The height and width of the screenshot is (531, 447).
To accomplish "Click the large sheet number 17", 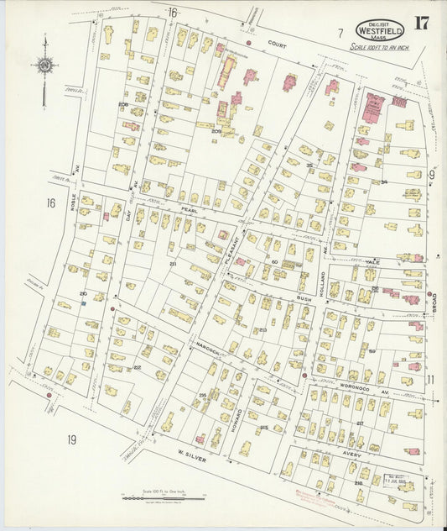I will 420,23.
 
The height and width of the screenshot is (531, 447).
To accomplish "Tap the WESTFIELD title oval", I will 379,29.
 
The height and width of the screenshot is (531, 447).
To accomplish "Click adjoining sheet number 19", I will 71,439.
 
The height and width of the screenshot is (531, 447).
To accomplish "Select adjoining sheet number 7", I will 340,33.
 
